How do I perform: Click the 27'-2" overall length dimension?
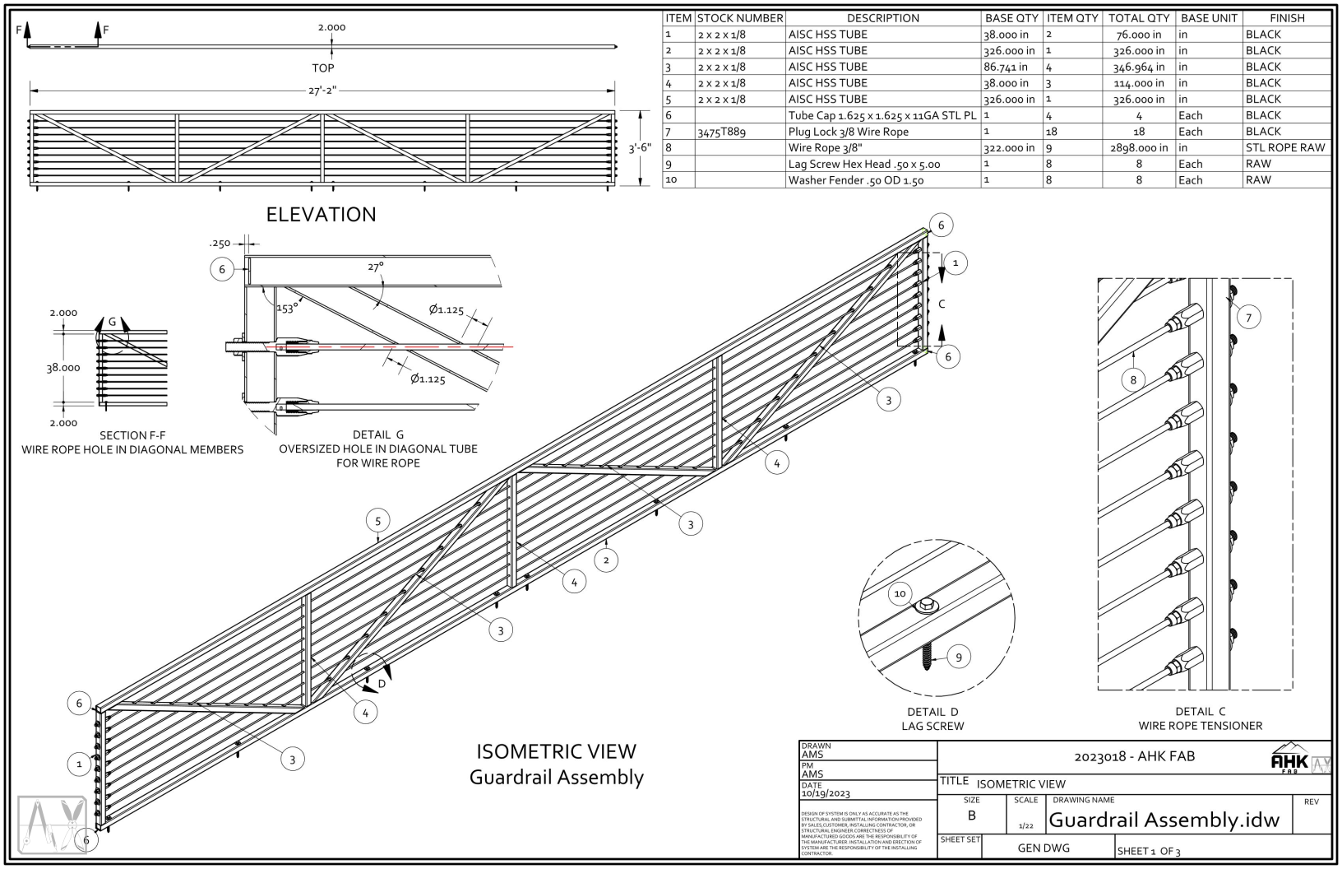[x=322, y=91]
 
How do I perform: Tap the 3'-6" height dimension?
[x=640, y=148]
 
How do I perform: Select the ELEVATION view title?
[x=321, y=214]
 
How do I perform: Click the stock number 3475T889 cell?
[x=721, y=132]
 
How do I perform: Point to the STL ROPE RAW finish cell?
[x=1285, y=148]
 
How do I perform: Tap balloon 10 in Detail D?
[x=900, y=593]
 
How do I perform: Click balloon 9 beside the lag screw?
[x=958, y=657]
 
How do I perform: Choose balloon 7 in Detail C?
[x=1248, y=318]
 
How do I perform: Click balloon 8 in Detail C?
[x=1133, y=379]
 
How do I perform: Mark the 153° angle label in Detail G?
[x=286, y=309]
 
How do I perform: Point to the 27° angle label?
[x=375, y=267]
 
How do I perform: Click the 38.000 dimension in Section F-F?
[x=63, y=368]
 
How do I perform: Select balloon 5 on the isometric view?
[x=377, y=521]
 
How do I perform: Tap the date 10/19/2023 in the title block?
[x=826, y=793]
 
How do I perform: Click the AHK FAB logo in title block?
[x=1289, y=762]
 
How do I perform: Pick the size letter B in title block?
[x=971, y=816]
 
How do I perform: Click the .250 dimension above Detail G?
[x=220, y=244]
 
